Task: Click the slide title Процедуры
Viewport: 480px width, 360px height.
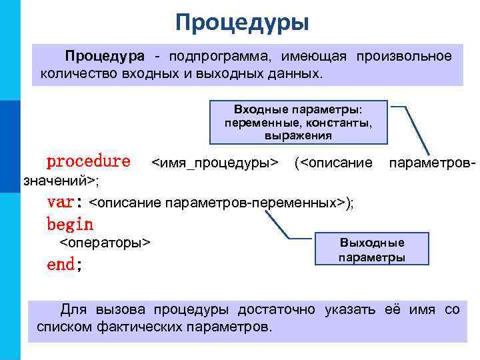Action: tap(243, 23)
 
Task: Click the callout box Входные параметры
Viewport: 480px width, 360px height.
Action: tap(298, 122)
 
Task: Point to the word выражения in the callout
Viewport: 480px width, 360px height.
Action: tap(298, 135)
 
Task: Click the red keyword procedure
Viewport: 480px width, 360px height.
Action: tap(88, 161)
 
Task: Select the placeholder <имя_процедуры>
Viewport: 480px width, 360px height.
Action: tap(214, 162)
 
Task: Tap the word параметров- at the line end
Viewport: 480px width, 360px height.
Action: tap(431, 162)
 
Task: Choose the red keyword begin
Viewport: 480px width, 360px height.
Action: tap(70, 224)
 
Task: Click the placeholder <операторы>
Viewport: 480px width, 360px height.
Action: tap(105, 242)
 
